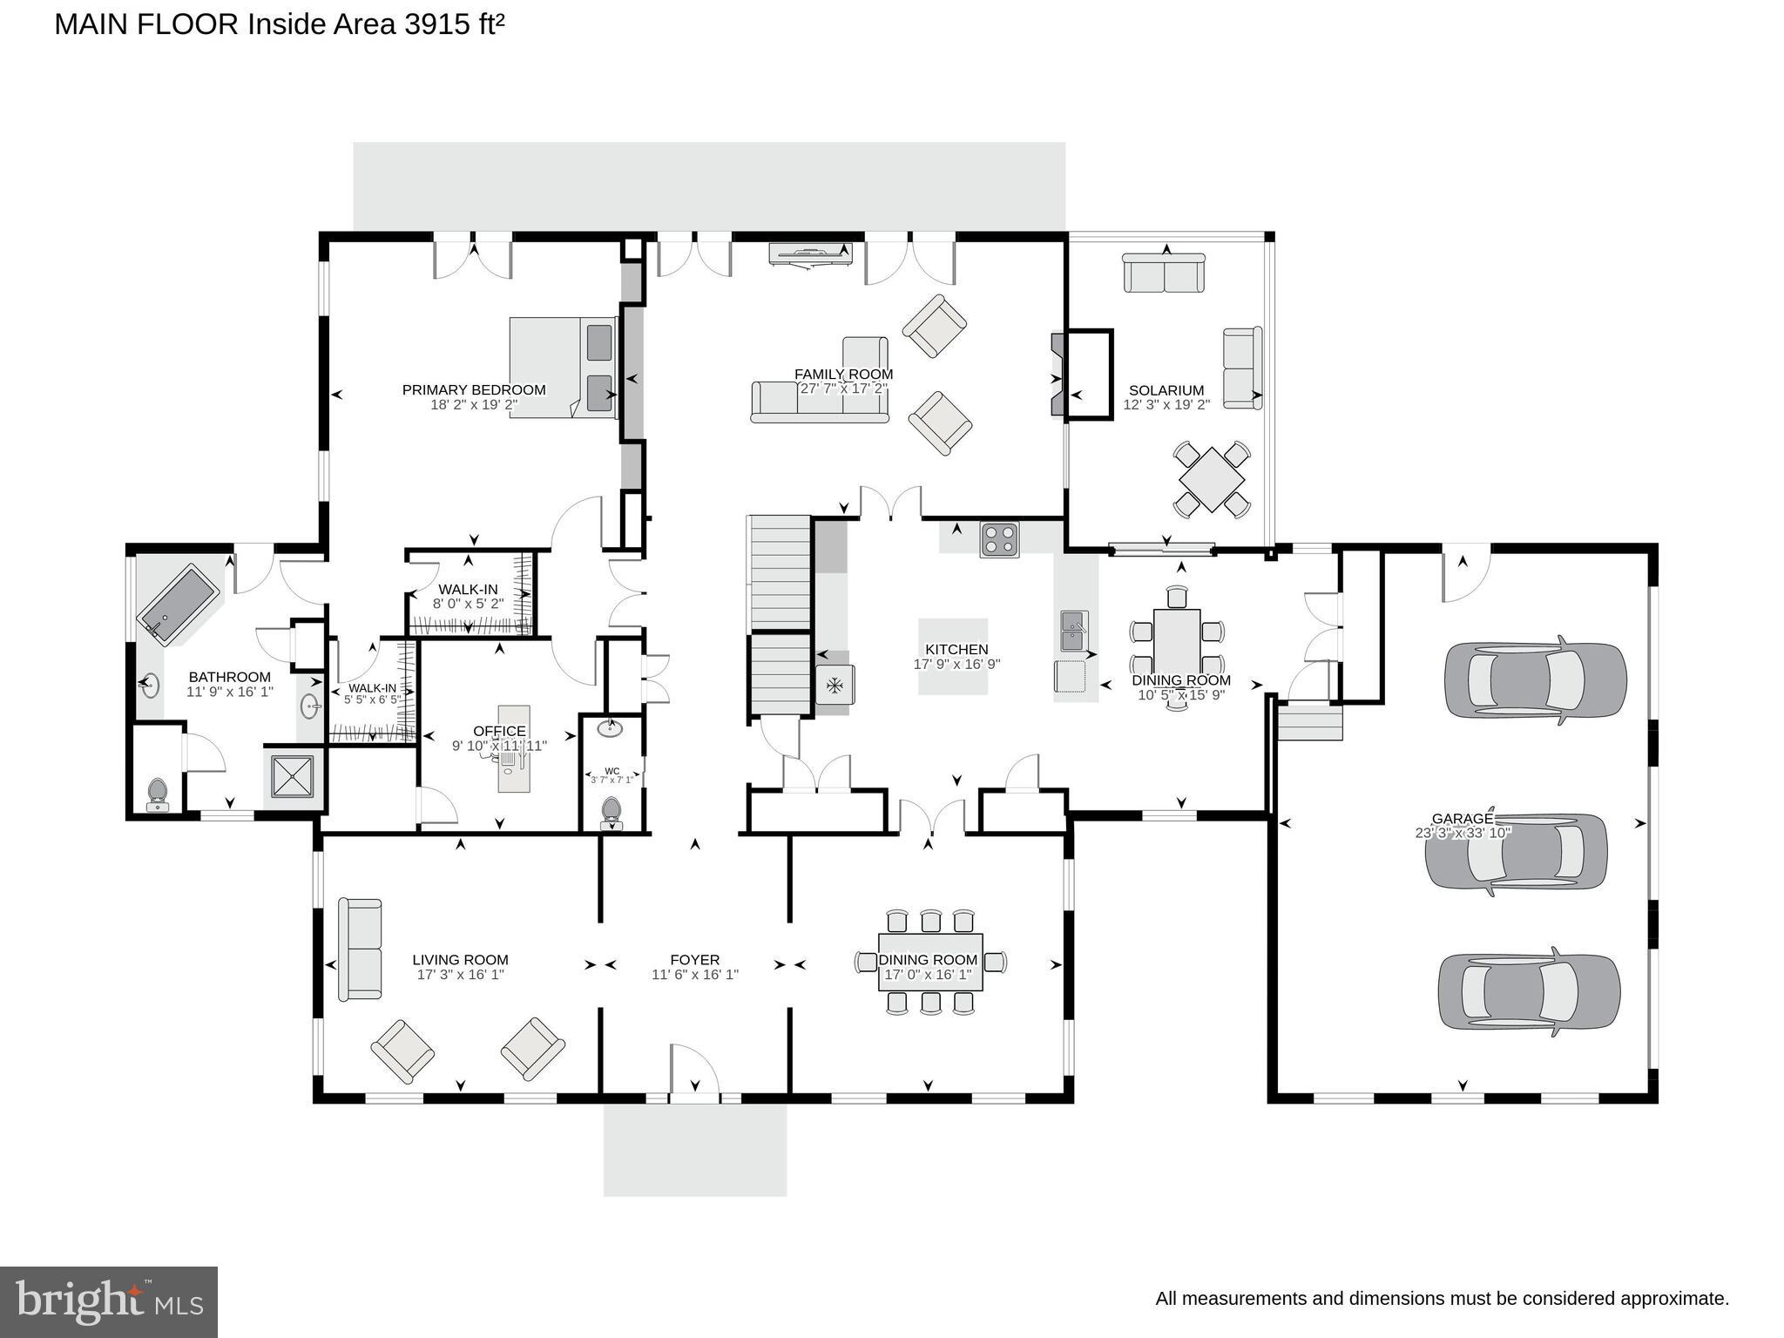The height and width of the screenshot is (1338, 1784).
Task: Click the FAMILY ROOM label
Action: pos(843,375)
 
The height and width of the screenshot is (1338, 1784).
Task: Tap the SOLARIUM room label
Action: pos(1166,390)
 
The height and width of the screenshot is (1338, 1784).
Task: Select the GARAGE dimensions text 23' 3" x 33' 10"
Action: pos(1463,833)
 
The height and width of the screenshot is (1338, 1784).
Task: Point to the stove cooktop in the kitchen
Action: pos(999,539)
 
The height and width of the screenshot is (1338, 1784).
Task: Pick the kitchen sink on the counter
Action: pos(1073,631)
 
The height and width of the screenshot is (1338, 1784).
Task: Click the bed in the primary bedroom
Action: pos(563,367)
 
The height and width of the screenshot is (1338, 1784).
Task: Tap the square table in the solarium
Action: pos(1212,478)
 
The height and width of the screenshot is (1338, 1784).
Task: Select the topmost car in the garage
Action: pos(1535,679)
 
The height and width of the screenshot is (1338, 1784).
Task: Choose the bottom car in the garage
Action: pos(1529,991)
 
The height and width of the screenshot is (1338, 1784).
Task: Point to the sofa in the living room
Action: pos(360,949)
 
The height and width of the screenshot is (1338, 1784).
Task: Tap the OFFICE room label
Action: pos(499,731)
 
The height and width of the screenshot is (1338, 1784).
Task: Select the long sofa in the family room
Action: pos(820,402)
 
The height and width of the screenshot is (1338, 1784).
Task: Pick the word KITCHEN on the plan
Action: pos(956,649)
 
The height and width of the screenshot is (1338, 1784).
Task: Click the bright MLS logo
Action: pos(109,1302)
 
